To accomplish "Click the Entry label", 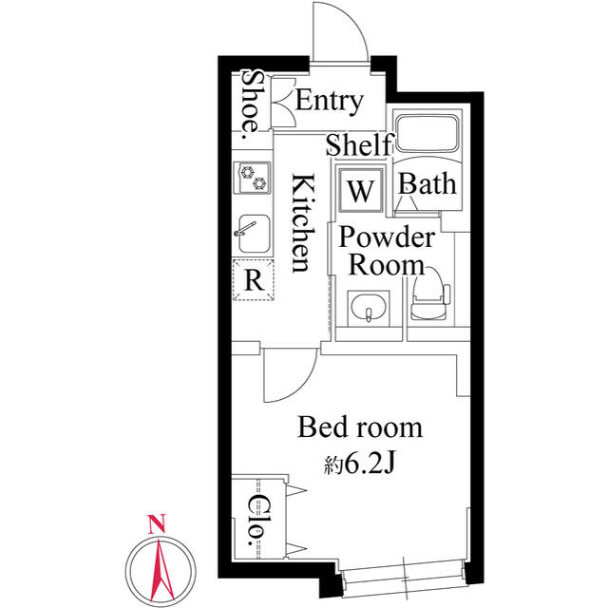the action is click(330, 102).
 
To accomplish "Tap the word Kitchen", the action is click(303, 223).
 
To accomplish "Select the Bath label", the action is click(427, 183).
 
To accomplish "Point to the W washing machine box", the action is click(361, 190).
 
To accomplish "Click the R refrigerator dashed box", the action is click(254, 279).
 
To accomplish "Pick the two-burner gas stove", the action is click(253, 178).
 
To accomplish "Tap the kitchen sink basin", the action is click(254, 234).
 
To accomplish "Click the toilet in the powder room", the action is click(430, 295).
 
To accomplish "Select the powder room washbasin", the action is click(369, 309).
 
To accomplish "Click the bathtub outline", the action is click(427, 133).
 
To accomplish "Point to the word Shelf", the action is click(360, 144).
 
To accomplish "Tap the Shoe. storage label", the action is click(251, 104).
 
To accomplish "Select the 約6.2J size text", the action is click(359, 463).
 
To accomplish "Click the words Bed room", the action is click(360, 427).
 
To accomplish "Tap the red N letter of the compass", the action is click(157, 523).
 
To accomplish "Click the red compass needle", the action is click(161, 570).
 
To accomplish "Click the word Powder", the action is click(387, 237).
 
